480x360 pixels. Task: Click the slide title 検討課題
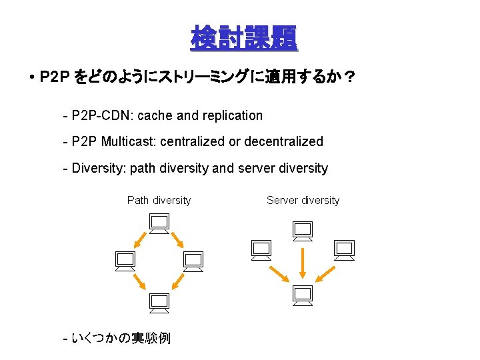pyautogui.click(x=244, y=38)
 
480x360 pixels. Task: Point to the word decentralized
pyautogui.click(x=283, y=141)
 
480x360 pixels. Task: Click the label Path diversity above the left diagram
pyautogui.click(x=159, y=200)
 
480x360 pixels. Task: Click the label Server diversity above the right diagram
pyautogui.click(x=303, y=200)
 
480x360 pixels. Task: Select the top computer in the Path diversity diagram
pyautogui.click(x=159, y=224)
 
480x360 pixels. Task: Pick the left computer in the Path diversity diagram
pyautogui.click(x=125, y=261)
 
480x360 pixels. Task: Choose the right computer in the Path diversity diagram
pyautogui.click(x=193, y=261)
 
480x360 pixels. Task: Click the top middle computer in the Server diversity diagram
pyautogui.click(x=303, y=231)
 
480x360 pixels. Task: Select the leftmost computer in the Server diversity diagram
pyautogui.click(x=261, y=249)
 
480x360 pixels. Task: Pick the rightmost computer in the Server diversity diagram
pyautogui.click(x=344, y=249)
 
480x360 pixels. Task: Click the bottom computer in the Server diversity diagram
pyautogui.click(x=303, y=294)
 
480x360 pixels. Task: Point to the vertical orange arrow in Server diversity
pyautogui.click(x=303, y=263)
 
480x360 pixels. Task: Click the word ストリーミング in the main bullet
pyautogui.click(x=201, y=78)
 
